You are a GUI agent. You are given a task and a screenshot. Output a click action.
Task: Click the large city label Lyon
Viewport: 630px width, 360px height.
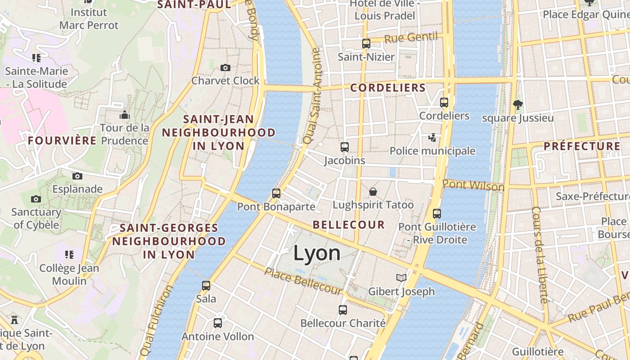(x=317, y=253)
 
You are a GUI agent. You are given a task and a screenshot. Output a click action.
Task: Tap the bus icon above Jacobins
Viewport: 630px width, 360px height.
(x=345, y=147)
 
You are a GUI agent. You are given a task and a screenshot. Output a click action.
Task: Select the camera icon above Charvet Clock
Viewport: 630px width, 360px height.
(x=225, y=68)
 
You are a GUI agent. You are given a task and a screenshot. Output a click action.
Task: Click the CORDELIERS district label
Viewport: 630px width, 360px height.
(x=388, y=88)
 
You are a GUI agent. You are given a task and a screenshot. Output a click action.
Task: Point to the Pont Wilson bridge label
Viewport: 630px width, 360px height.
(x=473, y=185)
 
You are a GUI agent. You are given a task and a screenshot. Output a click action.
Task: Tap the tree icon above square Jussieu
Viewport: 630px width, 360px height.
(x=517, y=105)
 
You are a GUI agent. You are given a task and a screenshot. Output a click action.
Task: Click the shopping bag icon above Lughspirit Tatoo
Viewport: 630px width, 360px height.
(x=373, y=192)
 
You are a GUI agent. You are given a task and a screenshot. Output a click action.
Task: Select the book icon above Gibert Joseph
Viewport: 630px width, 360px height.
(x=401, y=278)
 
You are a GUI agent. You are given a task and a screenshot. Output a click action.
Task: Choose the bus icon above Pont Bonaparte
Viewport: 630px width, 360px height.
(x=276, y=193)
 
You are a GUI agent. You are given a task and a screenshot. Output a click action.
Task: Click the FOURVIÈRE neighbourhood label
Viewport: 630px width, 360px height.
(x=62, y=141)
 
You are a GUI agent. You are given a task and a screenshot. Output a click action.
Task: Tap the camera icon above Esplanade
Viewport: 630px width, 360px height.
(x=77, y=176)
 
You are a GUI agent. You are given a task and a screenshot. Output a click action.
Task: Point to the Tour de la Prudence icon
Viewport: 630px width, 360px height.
(x=125, y=115)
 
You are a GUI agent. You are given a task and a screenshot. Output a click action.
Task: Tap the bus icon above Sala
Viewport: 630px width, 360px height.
(x=206, y=285)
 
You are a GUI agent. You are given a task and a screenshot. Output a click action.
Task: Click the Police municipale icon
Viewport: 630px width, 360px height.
(x=432, y=138)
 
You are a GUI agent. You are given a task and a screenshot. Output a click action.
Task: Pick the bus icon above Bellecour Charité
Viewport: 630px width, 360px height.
(x=343, y=310)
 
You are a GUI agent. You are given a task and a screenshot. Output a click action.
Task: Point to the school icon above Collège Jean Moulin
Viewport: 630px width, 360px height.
(x=69, y=255)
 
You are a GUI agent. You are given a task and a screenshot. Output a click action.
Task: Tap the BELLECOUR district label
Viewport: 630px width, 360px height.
(x=349, y=225)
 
